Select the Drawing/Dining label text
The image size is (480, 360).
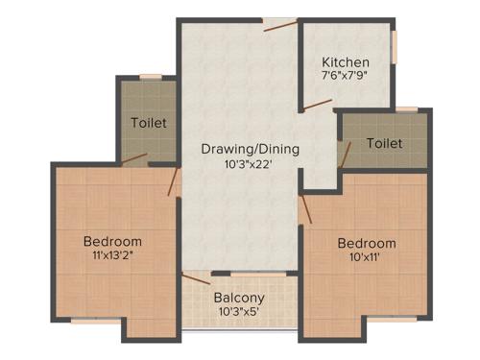(x=250, y=149)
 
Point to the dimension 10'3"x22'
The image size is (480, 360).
(x=250, y=164)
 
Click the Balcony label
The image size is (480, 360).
(x=239, y=298)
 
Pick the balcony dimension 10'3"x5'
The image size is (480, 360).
(x=239, y=313)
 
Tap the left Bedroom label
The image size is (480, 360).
(x=112, y=241)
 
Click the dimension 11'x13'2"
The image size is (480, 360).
(x=112, y=256)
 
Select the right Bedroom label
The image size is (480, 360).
(x=366, y=243)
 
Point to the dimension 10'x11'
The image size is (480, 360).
(x=366, y=258)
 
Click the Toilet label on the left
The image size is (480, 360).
(x=149, y=123)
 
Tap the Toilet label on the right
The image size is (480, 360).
(x=384, y=143)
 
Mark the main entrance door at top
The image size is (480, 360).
(x=279, y=26)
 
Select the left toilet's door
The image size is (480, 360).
(x=134, y=159)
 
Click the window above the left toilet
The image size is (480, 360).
(x=150, y=76)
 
